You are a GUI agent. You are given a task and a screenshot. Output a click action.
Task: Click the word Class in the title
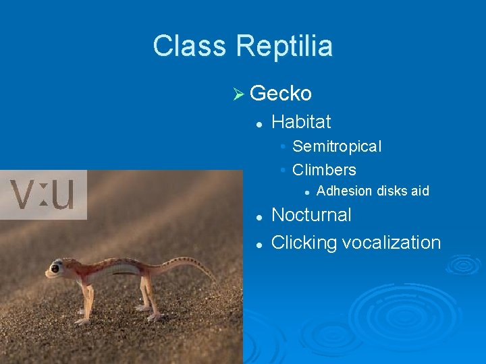(190, 47)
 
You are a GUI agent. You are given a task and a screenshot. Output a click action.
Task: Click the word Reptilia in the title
(284, 47)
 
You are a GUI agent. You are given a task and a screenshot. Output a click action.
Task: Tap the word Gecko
(280, 92)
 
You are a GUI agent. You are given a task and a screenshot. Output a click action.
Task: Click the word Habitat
(301, 122)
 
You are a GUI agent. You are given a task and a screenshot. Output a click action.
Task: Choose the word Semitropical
(337, 146)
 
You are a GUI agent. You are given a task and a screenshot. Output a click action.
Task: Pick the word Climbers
(324, 170)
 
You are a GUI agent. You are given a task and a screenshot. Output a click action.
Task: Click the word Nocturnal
(311, 215)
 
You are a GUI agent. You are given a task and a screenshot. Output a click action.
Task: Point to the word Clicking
(304, 243)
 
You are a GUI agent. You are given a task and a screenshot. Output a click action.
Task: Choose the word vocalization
(391, 243)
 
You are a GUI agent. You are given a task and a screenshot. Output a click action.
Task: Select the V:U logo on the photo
(43, 195)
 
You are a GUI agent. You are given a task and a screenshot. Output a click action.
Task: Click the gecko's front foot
(82, 320)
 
